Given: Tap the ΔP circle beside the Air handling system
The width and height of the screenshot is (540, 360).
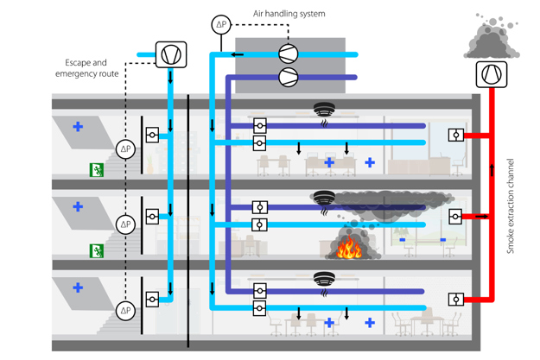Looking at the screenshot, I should pyautogui.click(x=222, y=24).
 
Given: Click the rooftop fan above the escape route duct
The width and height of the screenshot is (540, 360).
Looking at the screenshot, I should pyautogui.click(x=170, y=54).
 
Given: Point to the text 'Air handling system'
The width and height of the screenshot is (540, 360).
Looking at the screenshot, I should pyautogui.click(x=289, y=14).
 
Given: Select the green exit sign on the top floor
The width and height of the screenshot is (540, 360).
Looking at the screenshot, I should pyautogui.click(x=96, y=170).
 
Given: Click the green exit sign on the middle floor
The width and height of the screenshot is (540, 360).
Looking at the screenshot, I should pyautogui.click(x=96, y=250).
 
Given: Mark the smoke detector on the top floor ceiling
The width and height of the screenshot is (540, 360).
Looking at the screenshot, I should pyautogui.click(x=324, y=111).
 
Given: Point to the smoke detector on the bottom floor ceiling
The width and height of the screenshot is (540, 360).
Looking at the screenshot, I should pyautogui.click(x=324, y=279).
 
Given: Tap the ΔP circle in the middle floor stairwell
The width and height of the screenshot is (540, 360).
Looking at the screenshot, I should pyautogui.click(x=126, y=224).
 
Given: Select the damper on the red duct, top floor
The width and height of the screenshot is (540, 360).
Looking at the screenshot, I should pyautogui.click(x=455, y=135).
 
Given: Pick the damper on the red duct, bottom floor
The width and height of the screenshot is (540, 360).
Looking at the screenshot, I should pyautogui.click(x=455, y=300).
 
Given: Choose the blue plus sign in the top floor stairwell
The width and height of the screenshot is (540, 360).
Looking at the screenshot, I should pyautogui.click(x=78, y=127).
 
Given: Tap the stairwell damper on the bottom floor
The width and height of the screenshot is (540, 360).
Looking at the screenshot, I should pyautogui.click(x=152, y=300).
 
